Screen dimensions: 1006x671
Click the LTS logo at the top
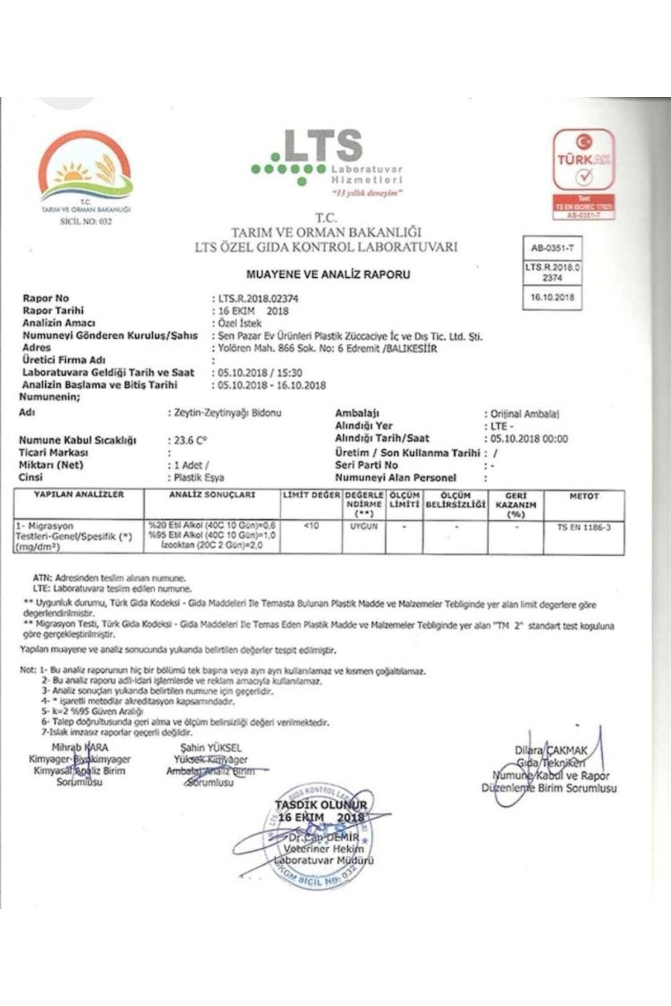[x=327, y=159]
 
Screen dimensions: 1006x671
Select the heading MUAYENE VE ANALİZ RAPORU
[x=328, y=274]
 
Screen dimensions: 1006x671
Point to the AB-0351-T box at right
[x=552, y=248]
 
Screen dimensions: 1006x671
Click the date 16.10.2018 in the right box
[x=552, y=297]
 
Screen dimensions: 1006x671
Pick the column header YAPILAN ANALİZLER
[x=79, y=495]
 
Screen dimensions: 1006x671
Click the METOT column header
[x=584, y=496]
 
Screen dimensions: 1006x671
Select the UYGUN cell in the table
[x=364, y=526]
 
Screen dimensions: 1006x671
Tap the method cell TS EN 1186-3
[x=584, y=527]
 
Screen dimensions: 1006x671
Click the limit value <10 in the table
[x=311, y=526]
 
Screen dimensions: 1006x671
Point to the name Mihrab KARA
[x=80, y=747]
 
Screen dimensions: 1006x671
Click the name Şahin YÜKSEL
[x=211, y=748]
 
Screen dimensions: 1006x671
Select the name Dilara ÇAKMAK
[x=551, y=751]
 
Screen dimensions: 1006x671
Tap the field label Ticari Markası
[x=54, y=452]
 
